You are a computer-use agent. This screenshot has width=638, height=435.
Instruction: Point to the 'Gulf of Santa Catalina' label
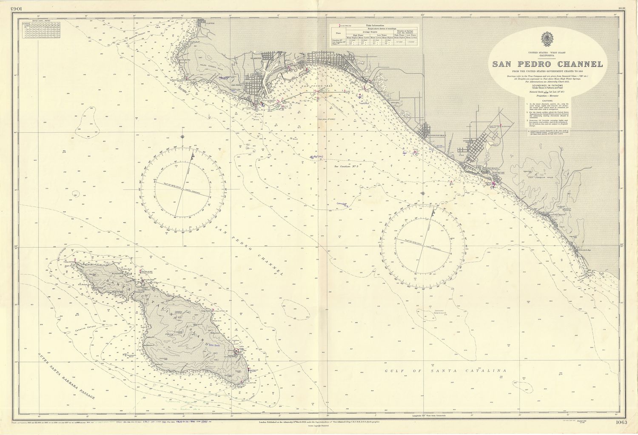(447, 371)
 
